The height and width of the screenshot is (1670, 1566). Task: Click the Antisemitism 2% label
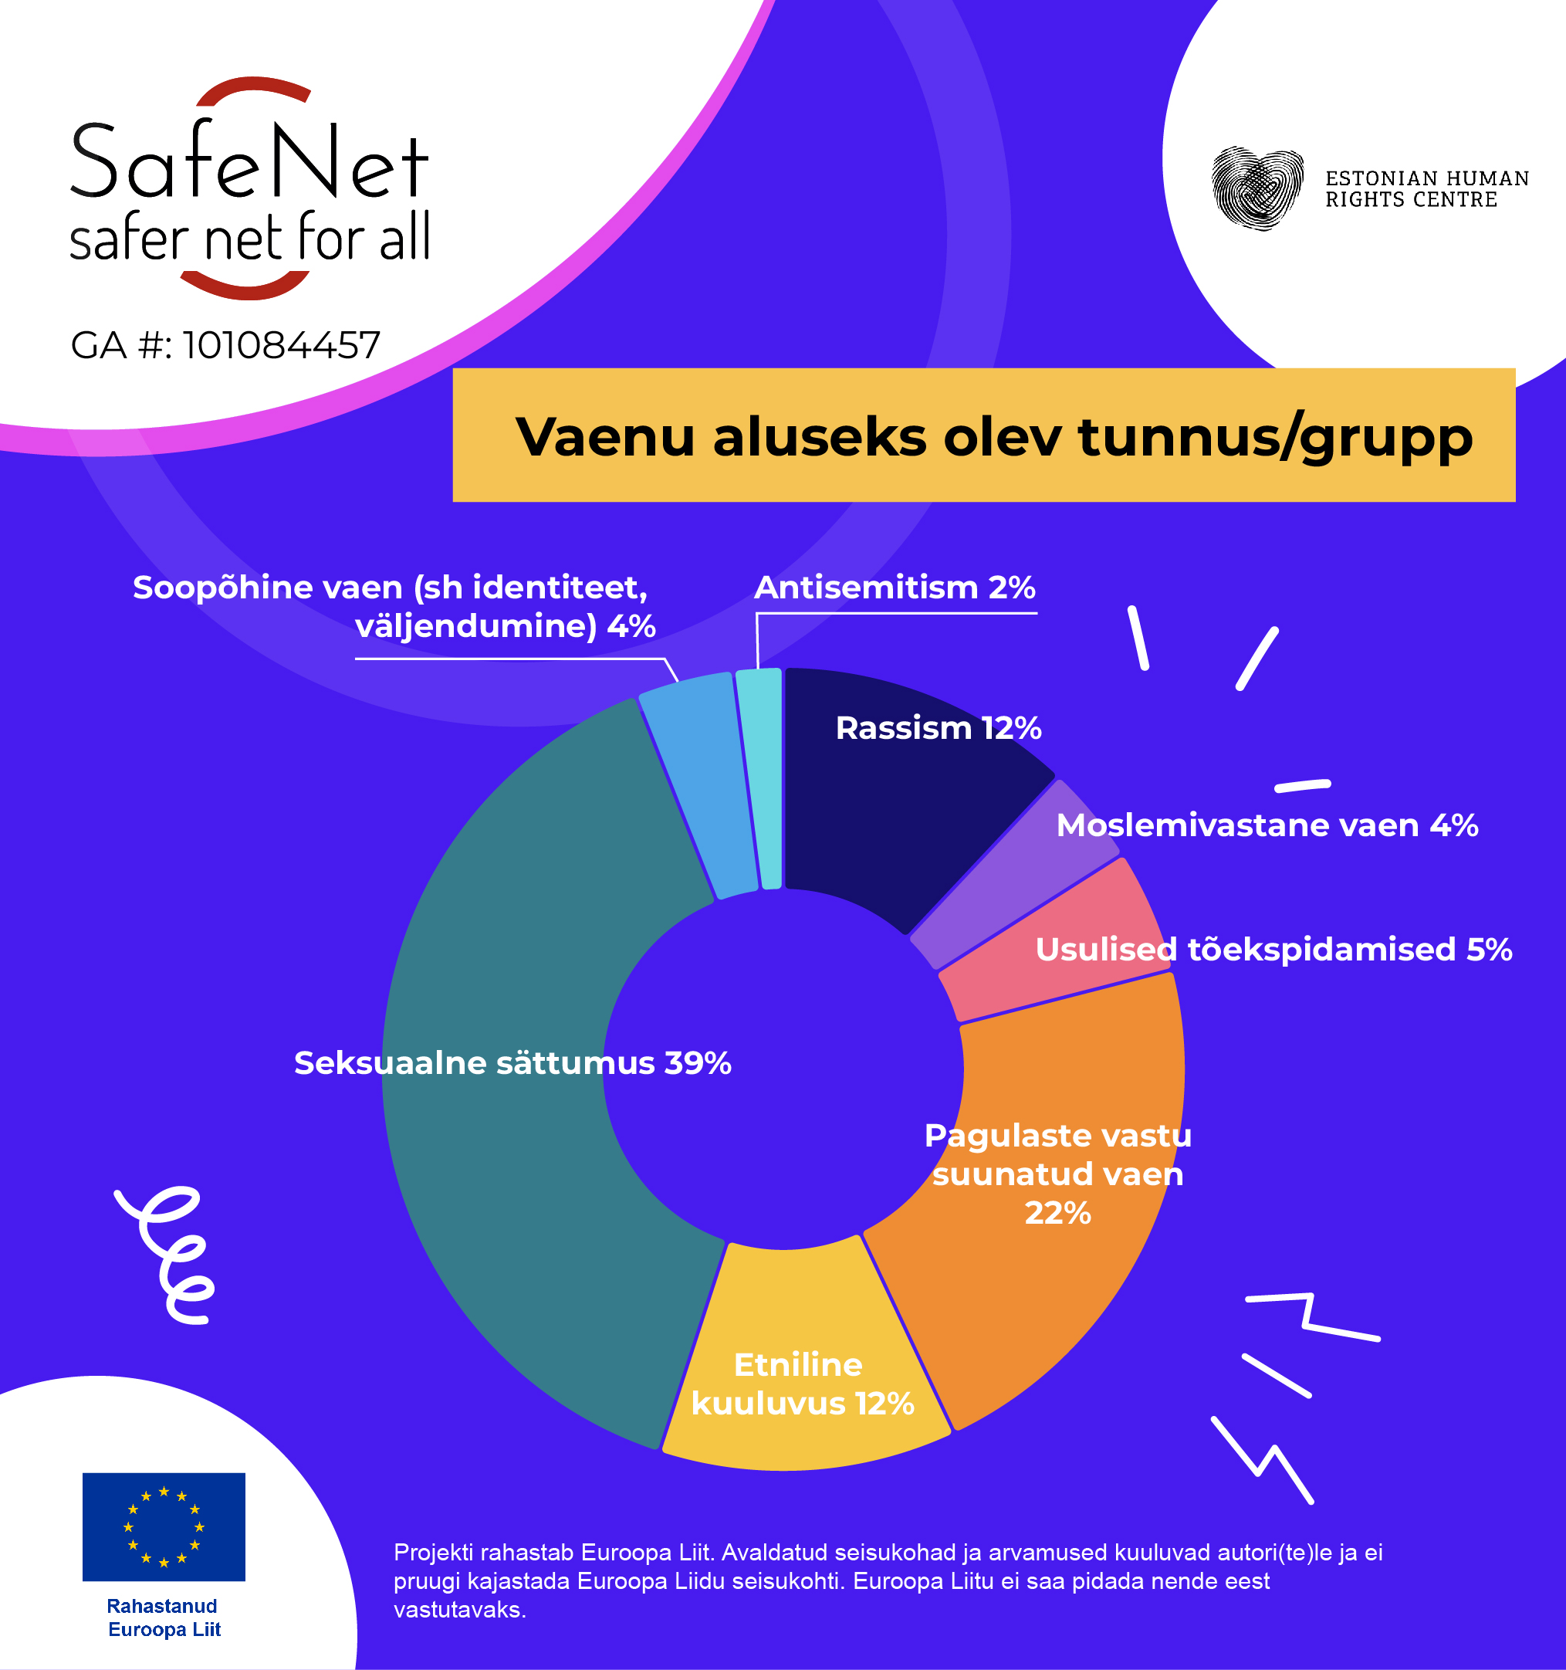[895, 588]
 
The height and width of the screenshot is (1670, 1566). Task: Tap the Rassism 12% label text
[938, 728]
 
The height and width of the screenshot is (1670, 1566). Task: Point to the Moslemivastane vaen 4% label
[1267, 825]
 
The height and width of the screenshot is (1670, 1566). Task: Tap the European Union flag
[164, 1526]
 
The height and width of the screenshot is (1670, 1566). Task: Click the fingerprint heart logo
[1257, 188]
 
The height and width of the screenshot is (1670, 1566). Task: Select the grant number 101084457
[281, 345]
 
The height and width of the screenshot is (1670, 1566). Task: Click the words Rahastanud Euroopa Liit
[164, 1617]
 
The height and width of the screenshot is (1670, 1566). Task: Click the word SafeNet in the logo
[249, 162]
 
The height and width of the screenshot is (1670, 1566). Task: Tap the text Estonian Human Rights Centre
[1426, 189]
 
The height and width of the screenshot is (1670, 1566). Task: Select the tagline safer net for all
[249, 238]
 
